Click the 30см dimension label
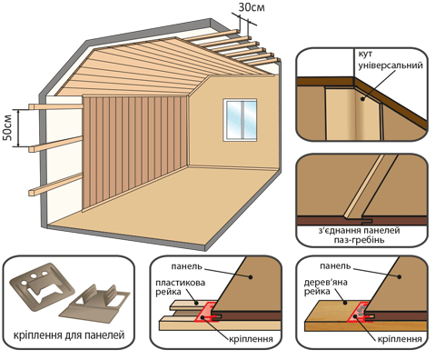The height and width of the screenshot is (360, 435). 252,7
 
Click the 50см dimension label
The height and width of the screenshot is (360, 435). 7,127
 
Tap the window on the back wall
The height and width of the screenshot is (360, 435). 240,120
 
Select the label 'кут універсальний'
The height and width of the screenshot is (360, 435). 391,60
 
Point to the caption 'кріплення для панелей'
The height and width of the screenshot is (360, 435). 69,335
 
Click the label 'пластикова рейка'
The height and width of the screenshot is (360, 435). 181,287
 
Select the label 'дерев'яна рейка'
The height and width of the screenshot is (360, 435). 326,287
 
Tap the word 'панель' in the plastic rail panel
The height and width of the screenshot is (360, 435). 186,266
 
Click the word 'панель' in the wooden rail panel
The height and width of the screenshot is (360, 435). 335,266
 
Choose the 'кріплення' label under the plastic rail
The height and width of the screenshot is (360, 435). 251,339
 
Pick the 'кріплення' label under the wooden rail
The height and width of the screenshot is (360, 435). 400,339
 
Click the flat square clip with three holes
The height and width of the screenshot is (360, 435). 42,286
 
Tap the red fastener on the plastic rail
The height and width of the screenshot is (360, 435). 207,314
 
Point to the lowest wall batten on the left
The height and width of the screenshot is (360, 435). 55,185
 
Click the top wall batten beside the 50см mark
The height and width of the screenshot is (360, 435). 55,106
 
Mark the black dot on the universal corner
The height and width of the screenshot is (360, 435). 362,98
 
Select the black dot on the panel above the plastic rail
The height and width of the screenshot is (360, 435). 251,276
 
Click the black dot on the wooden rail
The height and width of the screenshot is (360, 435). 344,302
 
